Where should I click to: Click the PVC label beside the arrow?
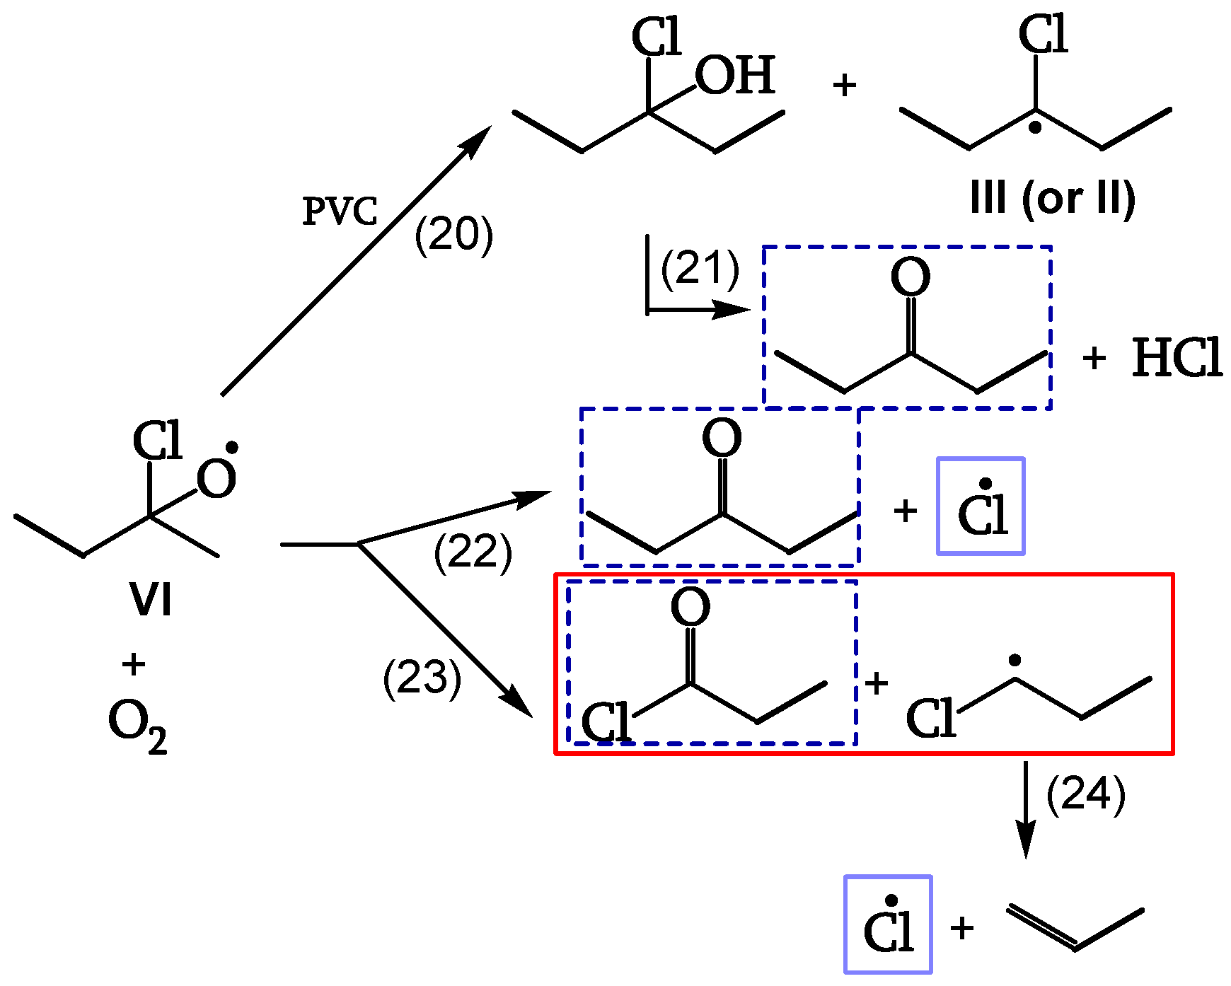tap(340, 211)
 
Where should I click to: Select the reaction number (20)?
tap(453, 235)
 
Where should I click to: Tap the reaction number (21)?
tap(700, 269)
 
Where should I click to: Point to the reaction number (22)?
tap(473, 552)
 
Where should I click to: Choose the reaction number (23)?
tap(422, 678)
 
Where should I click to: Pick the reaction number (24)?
tap(1085, 795)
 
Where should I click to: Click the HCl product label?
tap(1177, 358)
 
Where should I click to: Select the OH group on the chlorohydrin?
tap(735, 76)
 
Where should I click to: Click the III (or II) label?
tap(1053, 199)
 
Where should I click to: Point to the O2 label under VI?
tap(137, 727)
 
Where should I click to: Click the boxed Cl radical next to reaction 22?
tap(981, 506)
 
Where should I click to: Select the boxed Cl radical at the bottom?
tap(888, 924)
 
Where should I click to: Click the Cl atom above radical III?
tap(1043, 35)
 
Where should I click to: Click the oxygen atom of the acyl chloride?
tap(690, 607)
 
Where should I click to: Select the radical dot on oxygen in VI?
tap(231, 448)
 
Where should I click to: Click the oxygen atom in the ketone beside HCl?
tap(910, 277)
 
